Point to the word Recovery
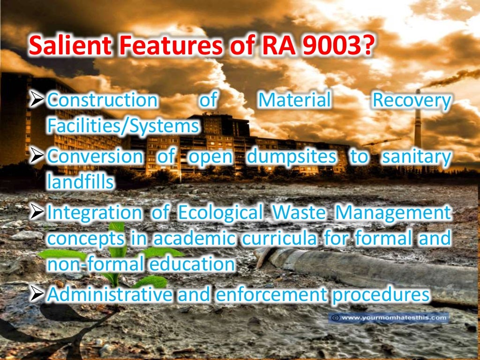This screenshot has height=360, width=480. coord(411,101)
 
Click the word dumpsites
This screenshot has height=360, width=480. coord(291,156)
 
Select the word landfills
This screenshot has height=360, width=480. coord(80,181)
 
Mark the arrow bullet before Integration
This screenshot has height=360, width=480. coord(37,213)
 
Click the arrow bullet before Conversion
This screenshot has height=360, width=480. coord(37,156)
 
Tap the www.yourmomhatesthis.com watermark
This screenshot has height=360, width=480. coord(389,318)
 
